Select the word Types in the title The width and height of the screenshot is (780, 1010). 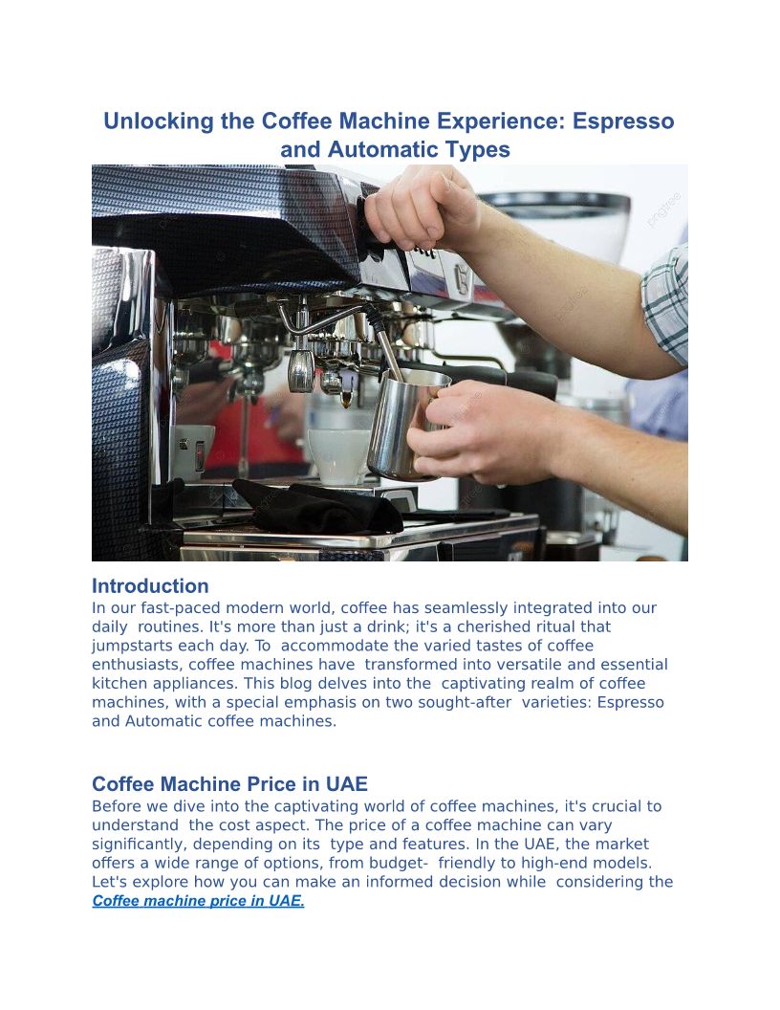pos(482,150)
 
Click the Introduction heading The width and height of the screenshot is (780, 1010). pos(150,586)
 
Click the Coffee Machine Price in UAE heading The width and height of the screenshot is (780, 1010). pos(229,784)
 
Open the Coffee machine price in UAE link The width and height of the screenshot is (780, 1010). pos(198,901)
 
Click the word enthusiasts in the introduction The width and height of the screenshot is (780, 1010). pos(137,664)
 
